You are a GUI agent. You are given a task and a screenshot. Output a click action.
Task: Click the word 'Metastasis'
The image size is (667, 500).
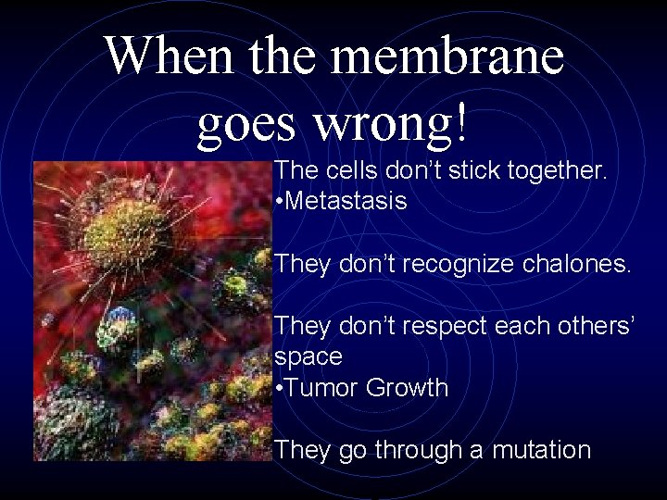(347, 201)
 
